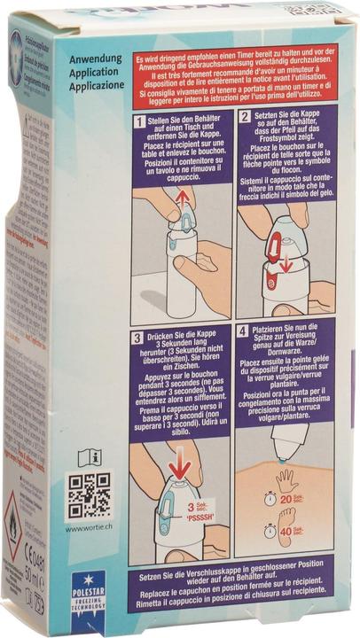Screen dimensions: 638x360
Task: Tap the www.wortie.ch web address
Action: point(88,528)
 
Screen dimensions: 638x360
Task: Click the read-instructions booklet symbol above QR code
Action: point(90,456)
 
